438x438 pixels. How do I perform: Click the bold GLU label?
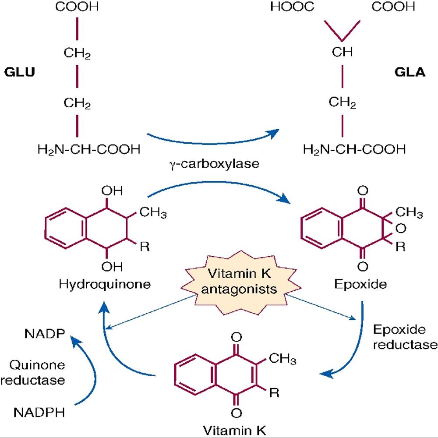click(20, 72)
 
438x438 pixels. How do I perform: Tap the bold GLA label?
click(410, 72)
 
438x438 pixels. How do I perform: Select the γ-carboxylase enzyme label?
click(214, 164)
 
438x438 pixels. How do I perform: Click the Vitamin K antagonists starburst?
click(240, 282)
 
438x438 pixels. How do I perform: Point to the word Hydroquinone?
click(105, 284)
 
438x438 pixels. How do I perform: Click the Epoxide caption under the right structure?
click(360, 284)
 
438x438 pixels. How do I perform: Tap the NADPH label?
click(39, 412)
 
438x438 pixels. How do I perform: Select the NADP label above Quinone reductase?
click(45, 333)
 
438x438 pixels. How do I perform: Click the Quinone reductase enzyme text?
click(33, 372)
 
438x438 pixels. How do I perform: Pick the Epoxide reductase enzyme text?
click(405, 337)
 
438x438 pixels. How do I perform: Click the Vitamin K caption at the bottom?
click(234, 430)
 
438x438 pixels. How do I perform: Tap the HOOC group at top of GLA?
click(292, 7)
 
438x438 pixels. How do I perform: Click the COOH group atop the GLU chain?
click(77, 7)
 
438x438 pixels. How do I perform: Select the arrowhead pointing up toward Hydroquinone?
click(104, 309)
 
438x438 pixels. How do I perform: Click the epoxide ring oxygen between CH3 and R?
click(401, 229)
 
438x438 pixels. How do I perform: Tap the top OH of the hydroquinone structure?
click(112, 191)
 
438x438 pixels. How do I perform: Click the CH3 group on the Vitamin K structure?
click(283, 358)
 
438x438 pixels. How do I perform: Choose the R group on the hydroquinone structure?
click(145, 247)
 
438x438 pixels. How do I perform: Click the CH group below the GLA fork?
click(342, 52)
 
